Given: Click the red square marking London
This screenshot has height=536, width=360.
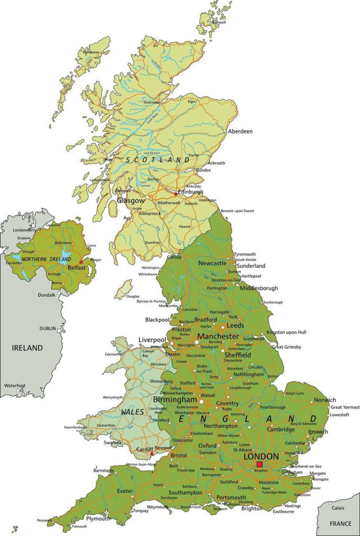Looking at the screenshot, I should click(x=260, y=464).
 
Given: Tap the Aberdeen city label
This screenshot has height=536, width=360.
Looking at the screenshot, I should click(x=240, y=131).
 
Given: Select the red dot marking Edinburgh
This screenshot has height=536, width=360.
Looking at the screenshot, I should click(x=176, y=194).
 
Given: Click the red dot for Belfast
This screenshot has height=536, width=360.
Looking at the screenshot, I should click(x=81, y=262).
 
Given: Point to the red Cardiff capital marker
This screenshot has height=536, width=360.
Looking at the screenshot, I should click(x=152, y=454).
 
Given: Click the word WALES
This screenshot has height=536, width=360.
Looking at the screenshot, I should click(x=132, y=412).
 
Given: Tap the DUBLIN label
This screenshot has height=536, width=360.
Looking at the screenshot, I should click(x=48, y=328).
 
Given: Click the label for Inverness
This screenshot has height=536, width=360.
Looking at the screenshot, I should click(x=152, y=103).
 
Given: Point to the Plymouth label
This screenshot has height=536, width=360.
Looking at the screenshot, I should click(x=98, y=519).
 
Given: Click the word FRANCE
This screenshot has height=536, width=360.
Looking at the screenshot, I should click(x=340, y=523).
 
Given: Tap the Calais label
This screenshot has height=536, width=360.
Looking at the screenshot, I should click(x=338, y=508).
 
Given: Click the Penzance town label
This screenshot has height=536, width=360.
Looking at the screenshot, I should click(x=45, y=521).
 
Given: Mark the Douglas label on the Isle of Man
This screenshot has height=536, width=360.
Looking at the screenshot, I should click(x=133, y=297).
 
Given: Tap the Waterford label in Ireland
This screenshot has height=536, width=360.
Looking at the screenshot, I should click(x=15, y=385).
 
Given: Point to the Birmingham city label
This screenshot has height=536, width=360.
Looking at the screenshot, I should click(x=175, y=400).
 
